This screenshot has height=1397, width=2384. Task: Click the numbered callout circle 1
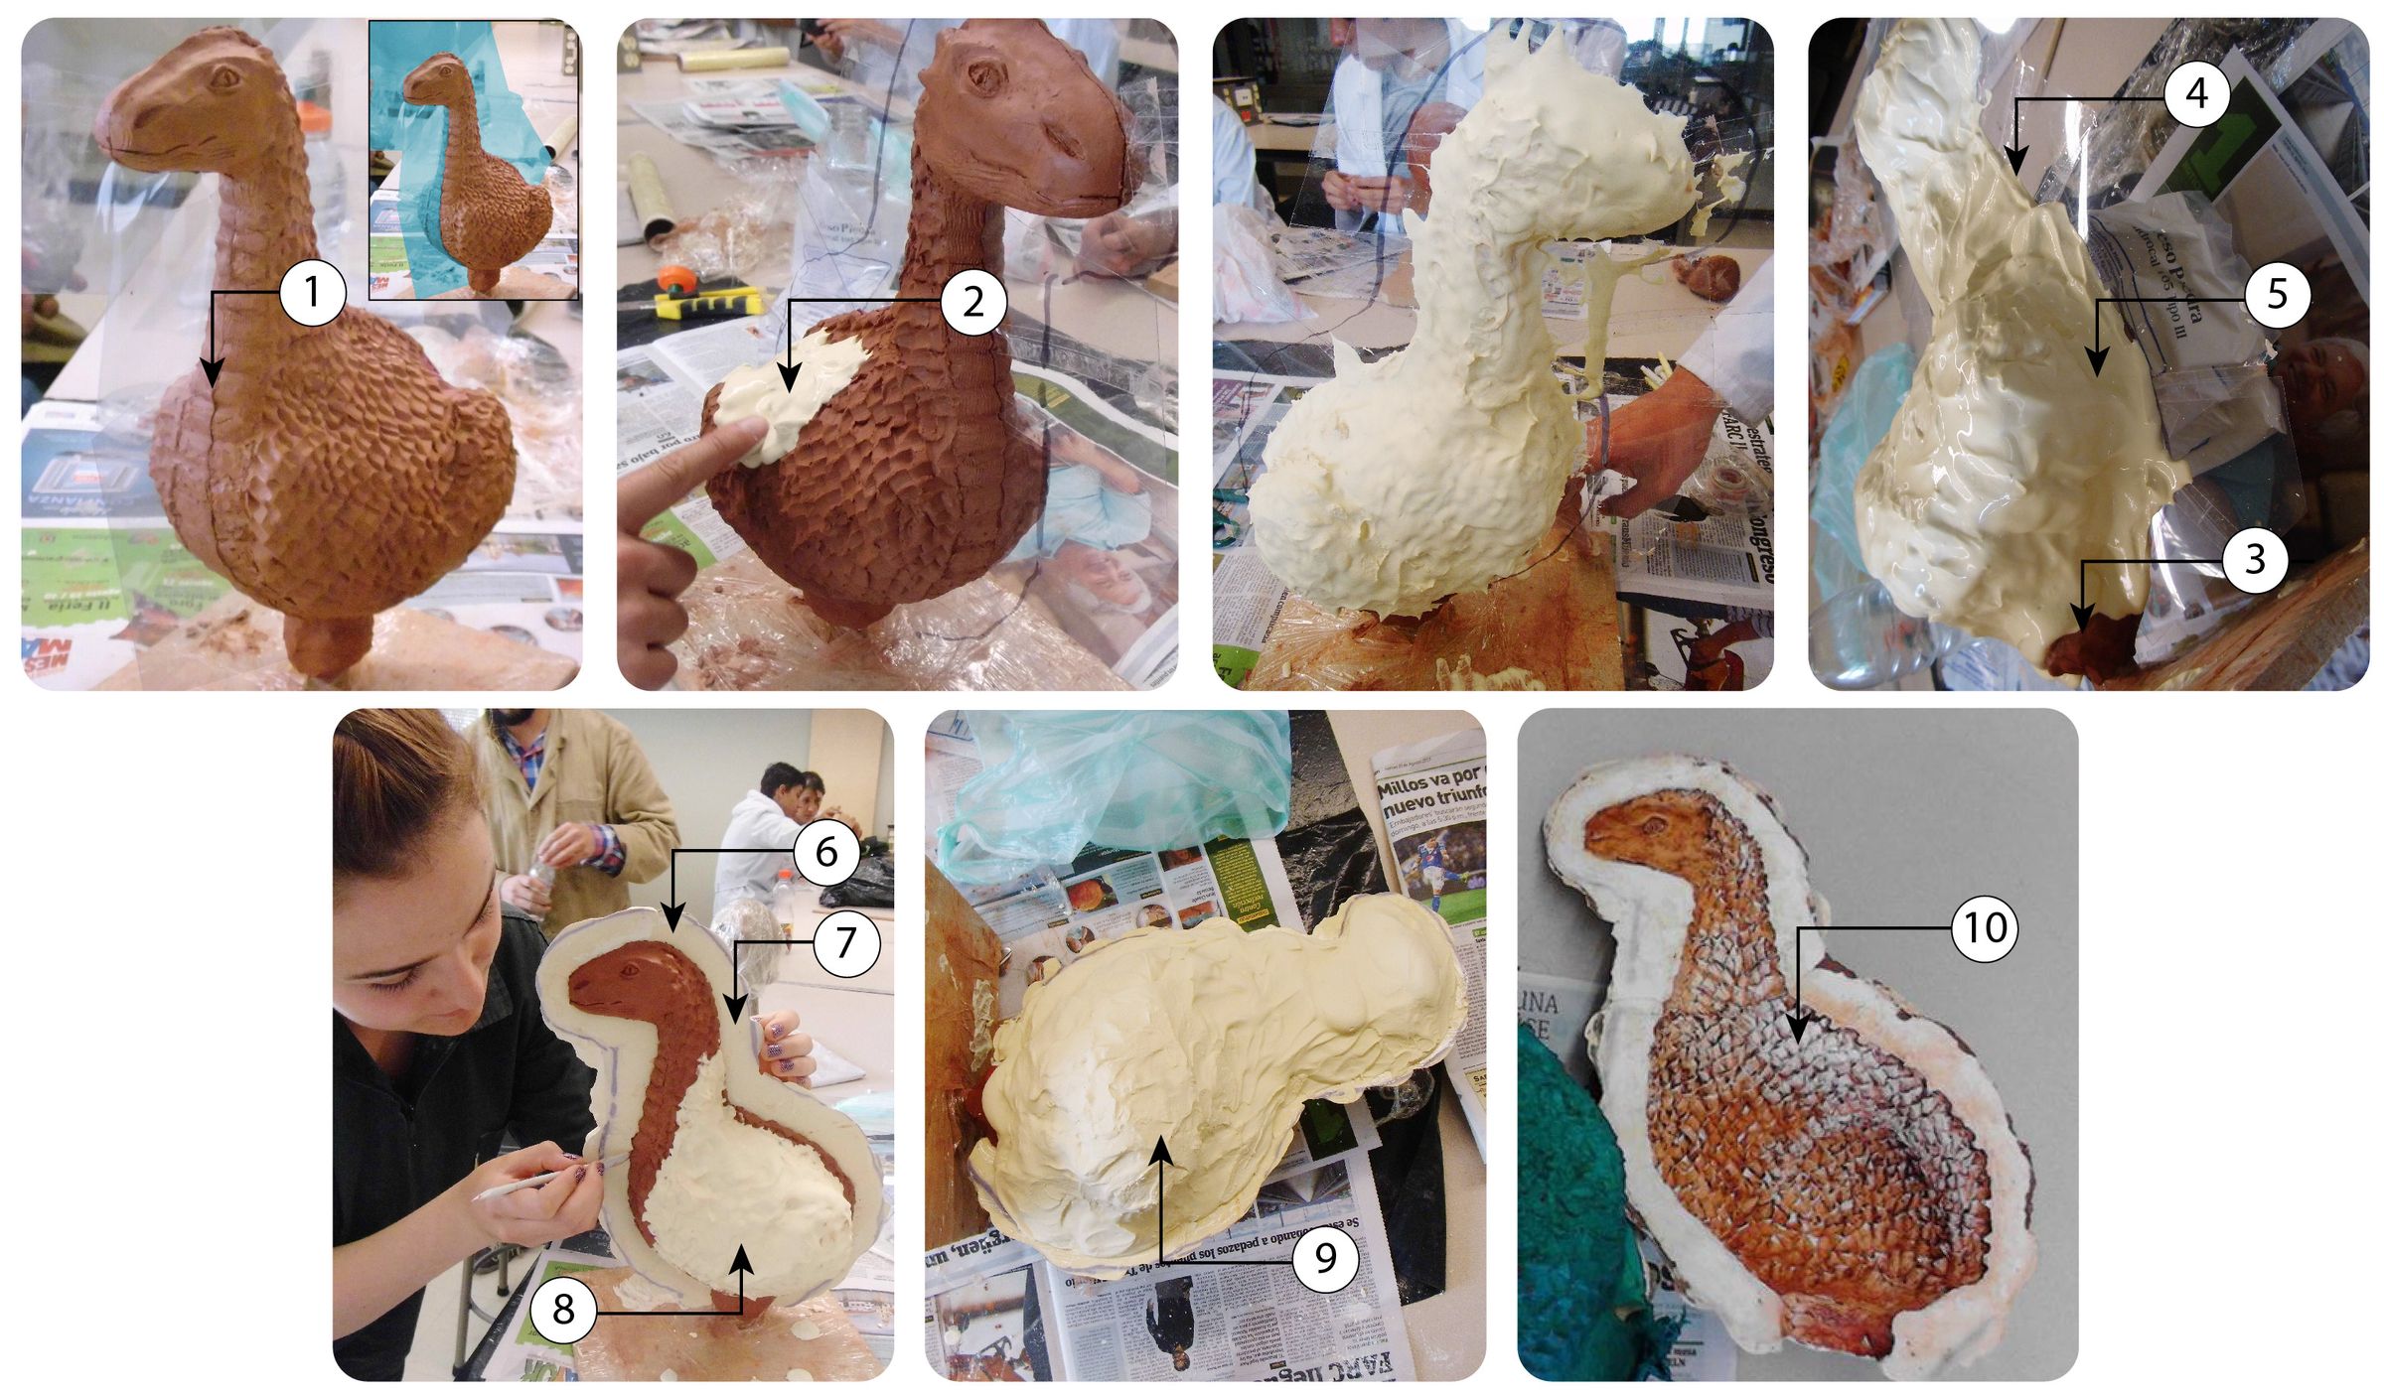312,293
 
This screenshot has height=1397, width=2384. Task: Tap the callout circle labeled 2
972,300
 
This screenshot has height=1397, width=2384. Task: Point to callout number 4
2196,94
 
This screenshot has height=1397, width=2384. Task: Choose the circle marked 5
2277,295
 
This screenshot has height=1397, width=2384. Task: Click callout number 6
826,852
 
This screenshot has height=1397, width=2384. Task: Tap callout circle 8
563,1311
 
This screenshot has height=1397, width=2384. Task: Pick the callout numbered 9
1325,1258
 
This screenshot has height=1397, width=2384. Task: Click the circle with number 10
1984,928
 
